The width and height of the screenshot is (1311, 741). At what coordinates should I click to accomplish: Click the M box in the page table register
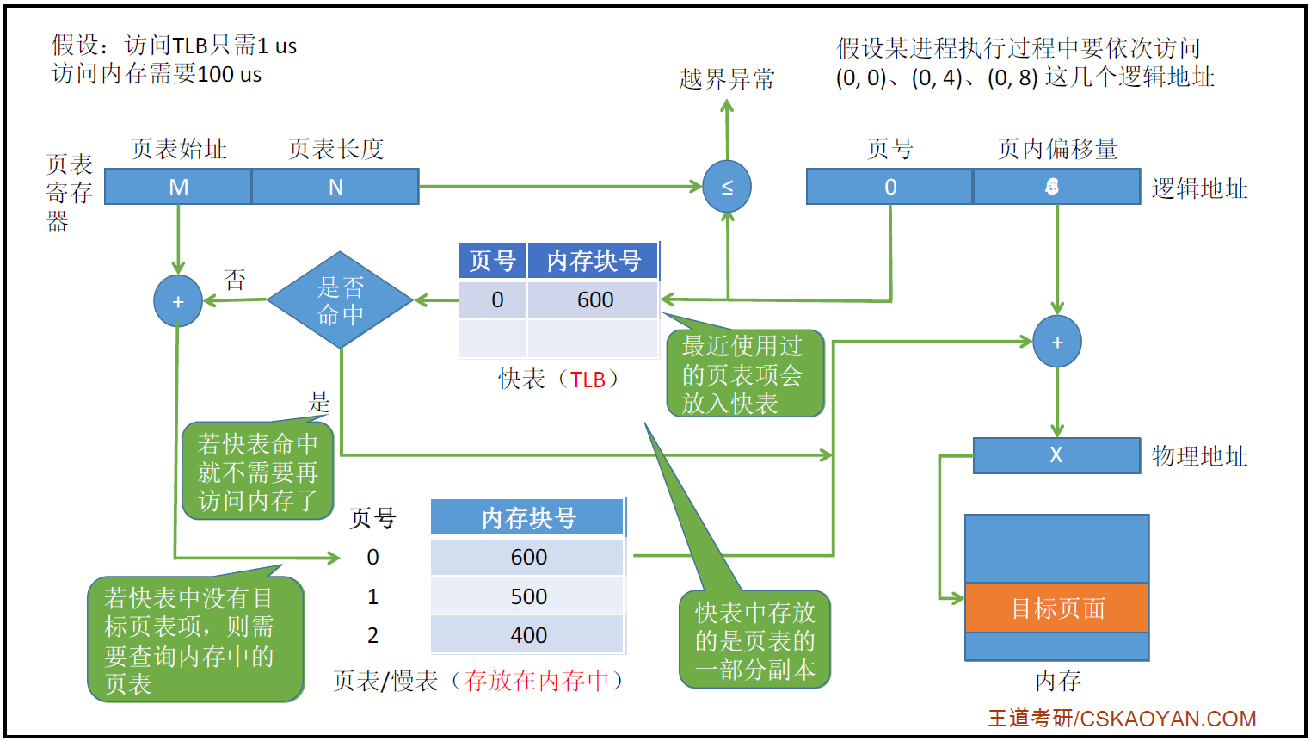[x=178, y=187]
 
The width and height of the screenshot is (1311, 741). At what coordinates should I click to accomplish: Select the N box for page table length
[x=335, y=187]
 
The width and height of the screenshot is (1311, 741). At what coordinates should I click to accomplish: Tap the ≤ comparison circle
[x=727, y=187]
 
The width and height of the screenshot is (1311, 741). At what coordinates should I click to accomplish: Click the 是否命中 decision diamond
[x=341, y=300]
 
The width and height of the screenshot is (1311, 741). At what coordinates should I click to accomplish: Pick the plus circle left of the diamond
[x=178, y=301]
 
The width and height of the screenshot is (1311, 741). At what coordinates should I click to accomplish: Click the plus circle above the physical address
[x=1057, y=342]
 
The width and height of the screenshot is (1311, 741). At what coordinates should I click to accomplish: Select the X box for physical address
[x=1056, y=455]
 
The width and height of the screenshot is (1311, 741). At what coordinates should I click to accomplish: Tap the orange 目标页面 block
[x=1057, y=608]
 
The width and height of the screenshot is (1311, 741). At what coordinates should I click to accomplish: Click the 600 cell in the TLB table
[x=594, y=299]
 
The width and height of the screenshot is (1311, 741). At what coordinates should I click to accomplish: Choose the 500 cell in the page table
[x=528, y=596]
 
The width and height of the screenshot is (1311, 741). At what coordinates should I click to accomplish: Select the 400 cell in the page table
[x=528, y=635]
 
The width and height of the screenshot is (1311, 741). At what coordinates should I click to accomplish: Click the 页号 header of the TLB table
[x=493, y=261]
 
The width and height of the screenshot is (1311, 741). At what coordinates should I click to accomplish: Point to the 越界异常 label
[x=727, y=79]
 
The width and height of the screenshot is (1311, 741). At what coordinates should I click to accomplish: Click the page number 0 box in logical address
[x=890, y=187]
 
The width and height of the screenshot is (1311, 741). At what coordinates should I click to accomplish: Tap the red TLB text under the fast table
[x=588, y=380]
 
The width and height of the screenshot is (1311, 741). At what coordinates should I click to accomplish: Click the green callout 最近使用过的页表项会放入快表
[x=744, y=374]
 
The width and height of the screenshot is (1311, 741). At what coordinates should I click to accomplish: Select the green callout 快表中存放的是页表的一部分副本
[x=754, y=640]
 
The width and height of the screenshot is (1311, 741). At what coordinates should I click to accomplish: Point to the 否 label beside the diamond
[x=235, y=279]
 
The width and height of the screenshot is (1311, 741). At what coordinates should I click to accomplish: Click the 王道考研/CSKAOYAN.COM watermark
[x=1122, y=718]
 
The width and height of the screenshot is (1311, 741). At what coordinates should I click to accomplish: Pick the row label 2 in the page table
[x=372, y=635]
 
